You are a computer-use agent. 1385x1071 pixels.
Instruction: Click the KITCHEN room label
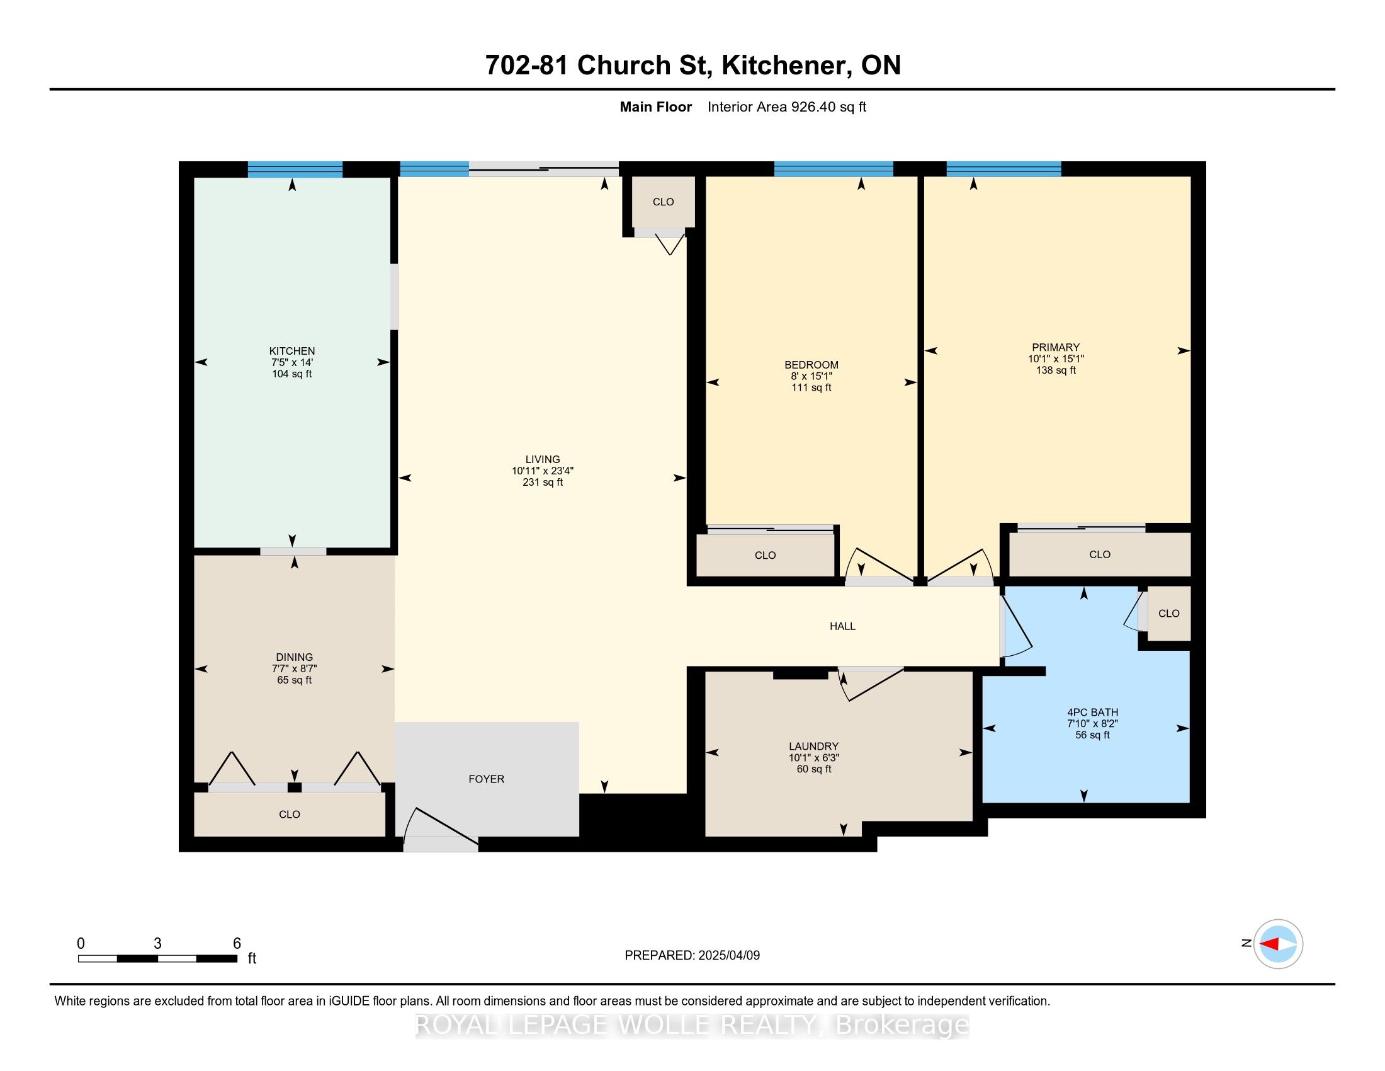point(291,351)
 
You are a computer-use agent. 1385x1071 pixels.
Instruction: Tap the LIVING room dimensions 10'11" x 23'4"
point(542,471)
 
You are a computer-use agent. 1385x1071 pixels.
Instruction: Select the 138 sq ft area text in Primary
point(1056,370)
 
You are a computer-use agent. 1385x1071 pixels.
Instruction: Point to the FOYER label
point(487,779)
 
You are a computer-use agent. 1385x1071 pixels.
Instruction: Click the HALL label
point(842,626)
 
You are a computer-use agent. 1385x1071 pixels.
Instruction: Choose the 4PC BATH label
point(1092,712)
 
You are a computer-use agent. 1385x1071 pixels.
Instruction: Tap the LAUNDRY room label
point(813,746)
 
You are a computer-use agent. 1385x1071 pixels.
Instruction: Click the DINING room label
point(294,657)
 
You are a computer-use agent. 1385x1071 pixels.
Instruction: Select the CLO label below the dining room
point(289,814)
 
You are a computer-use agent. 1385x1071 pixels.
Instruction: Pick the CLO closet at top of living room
point(664,202)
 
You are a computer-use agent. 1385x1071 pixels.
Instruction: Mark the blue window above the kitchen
point(295,169)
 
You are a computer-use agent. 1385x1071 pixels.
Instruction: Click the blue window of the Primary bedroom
point(1003,169)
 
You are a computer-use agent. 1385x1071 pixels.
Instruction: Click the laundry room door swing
point(869,684)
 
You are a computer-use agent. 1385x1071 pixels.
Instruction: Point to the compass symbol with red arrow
point(1278,944)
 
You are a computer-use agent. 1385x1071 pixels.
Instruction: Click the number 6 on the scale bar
point(237,944)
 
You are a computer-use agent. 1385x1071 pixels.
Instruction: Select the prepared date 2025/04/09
point(727,956)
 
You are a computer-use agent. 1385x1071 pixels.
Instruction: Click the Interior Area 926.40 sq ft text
point(786,107)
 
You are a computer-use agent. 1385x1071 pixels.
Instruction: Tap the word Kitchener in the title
point(786,66)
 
